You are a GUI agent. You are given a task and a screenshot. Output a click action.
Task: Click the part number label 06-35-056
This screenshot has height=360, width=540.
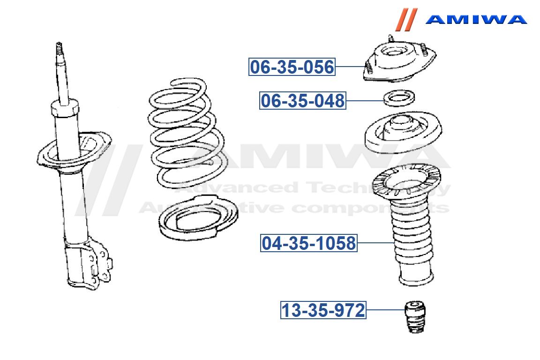point(292,67)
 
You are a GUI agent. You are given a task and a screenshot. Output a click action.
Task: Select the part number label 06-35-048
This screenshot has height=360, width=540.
point(303,101)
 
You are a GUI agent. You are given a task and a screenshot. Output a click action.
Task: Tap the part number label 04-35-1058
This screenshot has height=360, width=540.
point(308,243)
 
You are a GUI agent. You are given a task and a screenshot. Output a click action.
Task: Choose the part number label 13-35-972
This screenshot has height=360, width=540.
point(323,310)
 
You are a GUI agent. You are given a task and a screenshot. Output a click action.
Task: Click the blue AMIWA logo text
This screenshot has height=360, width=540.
point(476,19)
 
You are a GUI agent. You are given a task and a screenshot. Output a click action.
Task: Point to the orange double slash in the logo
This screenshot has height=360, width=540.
point(406,20)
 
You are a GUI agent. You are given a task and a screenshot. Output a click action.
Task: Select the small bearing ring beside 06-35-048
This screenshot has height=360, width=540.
point(399,98)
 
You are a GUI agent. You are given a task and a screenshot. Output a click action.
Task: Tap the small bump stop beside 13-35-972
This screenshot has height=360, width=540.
point(415,317)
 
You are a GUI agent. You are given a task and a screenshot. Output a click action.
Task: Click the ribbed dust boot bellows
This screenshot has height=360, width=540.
point(412,241)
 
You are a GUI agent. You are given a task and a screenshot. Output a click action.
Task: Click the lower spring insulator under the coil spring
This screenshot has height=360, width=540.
point(198,217)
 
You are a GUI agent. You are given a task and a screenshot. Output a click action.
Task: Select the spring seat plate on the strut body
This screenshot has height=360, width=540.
point(74,150)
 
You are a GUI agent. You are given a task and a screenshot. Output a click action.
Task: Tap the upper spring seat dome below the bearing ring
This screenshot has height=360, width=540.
point(403,132)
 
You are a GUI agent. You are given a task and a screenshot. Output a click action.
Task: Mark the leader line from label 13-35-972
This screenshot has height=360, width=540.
point(385,310)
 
